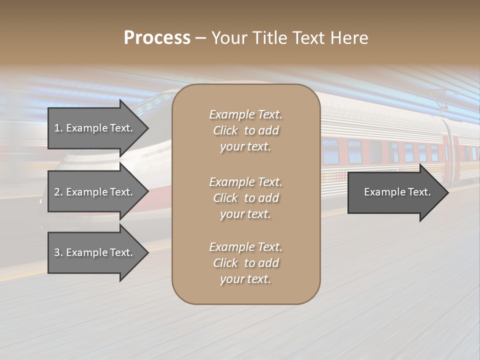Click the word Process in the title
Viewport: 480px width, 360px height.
[157, 38]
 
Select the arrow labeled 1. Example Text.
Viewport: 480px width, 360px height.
[95, 128]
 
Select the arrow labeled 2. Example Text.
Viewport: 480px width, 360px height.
[95, 192]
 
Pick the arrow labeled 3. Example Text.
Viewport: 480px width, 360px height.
[95, 252]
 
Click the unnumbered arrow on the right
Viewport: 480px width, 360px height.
[395, 192]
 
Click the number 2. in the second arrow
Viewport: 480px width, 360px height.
[58, 192]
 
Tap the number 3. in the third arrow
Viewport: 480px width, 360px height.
[58, 252]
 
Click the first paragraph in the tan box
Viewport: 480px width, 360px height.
[245, 130]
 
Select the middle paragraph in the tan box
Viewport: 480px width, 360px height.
[245, 198]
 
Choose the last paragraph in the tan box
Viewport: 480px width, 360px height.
[245, 263]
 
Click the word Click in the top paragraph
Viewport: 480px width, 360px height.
[225, 130]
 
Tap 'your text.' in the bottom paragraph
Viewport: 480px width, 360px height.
[245, 279]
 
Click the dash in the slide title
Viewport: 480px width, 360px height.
[200, 38]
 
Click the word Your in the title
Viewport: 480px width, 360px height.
[227, 38]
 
